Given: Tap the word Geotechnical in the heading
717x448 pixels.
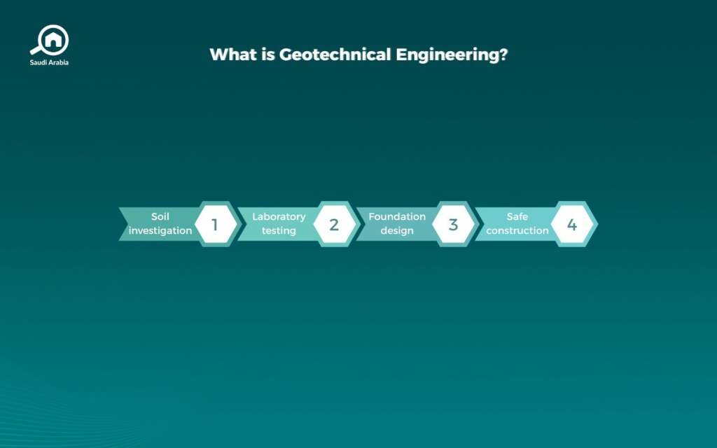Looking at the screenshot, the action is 335,55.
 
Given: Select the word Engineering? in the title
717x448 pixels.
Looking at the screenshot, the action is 452,55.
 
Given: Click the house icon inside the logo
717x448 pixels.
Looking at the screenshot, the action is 53,40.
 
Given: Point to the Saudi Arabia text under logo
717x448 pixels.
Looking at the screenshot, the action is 49,62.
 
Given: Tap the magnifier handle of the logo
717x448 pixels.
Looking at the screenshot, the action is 36,50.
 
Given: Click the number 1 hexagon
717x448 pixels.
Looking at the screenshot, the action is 216,224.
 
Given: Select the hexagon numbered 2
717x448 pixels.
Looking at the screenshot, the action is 335,224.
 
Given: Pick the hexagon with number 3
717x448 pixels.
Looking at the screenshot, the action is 454,224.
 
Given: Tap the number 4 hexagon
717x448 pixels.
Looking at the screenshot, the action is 572,224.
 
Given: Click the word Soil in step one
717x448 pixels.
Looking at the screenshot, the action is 160,216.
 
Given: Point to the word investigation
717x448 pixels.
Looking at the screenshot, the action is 160,231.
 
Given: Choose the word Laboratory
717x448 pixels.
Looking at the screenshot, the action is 279,217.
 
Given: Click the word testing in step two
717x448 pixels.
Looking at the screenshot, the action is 279,231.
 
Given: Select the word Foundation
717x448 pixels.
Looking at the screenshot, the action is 397,216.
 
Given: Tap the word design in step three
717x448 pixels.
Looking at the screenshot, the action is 397,231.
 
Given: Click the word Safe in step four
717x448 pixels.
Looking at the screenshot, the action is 517,216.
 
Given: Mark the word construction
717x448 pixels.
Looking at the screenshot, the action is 517,231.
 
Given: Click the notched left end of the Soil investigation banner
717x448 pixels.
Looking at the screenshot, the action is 127,224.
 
